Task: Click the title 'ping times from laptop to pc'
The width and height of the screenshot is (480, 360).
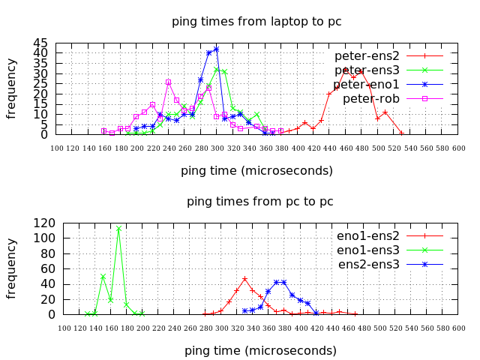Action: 256,21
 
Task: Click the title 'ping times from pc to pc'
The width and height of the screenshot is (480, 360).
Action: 259,201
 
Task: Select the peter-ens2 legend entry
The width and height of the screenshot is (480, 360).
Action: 367,55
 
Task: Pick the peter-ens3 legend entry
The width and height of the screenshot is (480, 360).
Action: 367,70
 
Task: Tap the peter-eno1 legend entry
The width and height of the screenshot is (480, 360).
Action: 367,84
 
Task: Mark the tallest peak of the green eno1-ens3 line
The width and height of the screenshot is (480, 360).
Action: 118,228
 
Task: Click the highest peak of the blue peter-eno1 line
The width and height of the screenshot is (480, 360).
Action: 216,49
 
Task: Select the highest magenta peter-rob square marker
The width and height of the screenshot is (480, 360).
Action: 168,82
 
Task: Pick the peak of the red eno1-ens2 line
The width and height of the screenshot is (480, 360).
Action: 244,278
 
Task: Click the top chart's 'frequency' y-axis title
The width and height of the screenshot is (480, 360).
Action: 12,88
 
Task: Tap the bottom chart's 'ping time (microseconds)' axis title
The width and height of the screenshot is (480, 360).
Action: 260,350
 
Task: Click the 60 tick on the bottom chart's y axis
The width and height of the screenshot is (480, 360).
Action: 45,268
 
